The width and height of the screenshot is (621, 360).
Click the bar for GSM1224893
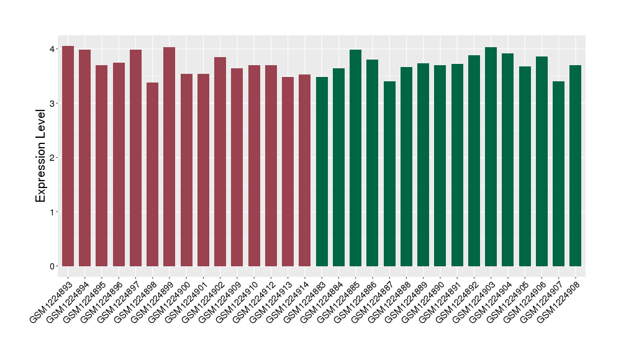(x=68, y=156)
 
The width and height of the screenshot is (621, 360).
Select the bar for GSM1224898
(x=152, y=174)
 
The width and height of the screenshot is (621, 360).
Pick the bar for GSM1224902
(x=220, y=161)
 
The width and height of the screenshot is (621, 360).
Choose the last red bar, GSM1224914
(x=304, y=170)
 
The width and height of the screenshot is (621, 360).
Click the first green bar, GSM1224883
(x=322, y=171)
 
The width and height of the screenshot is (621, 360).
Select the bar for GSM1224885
(x=355, y=158)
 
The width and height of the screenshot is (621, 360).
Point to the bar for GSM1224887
(x=389, y=174)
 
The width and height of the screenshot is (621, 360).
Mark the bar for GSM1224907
(x=558, y=174)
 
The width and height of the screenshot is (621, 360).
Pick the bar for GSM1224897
(x=135, y=158)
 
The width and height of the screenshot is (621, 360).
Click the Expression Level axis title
(x=41, y=156)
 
